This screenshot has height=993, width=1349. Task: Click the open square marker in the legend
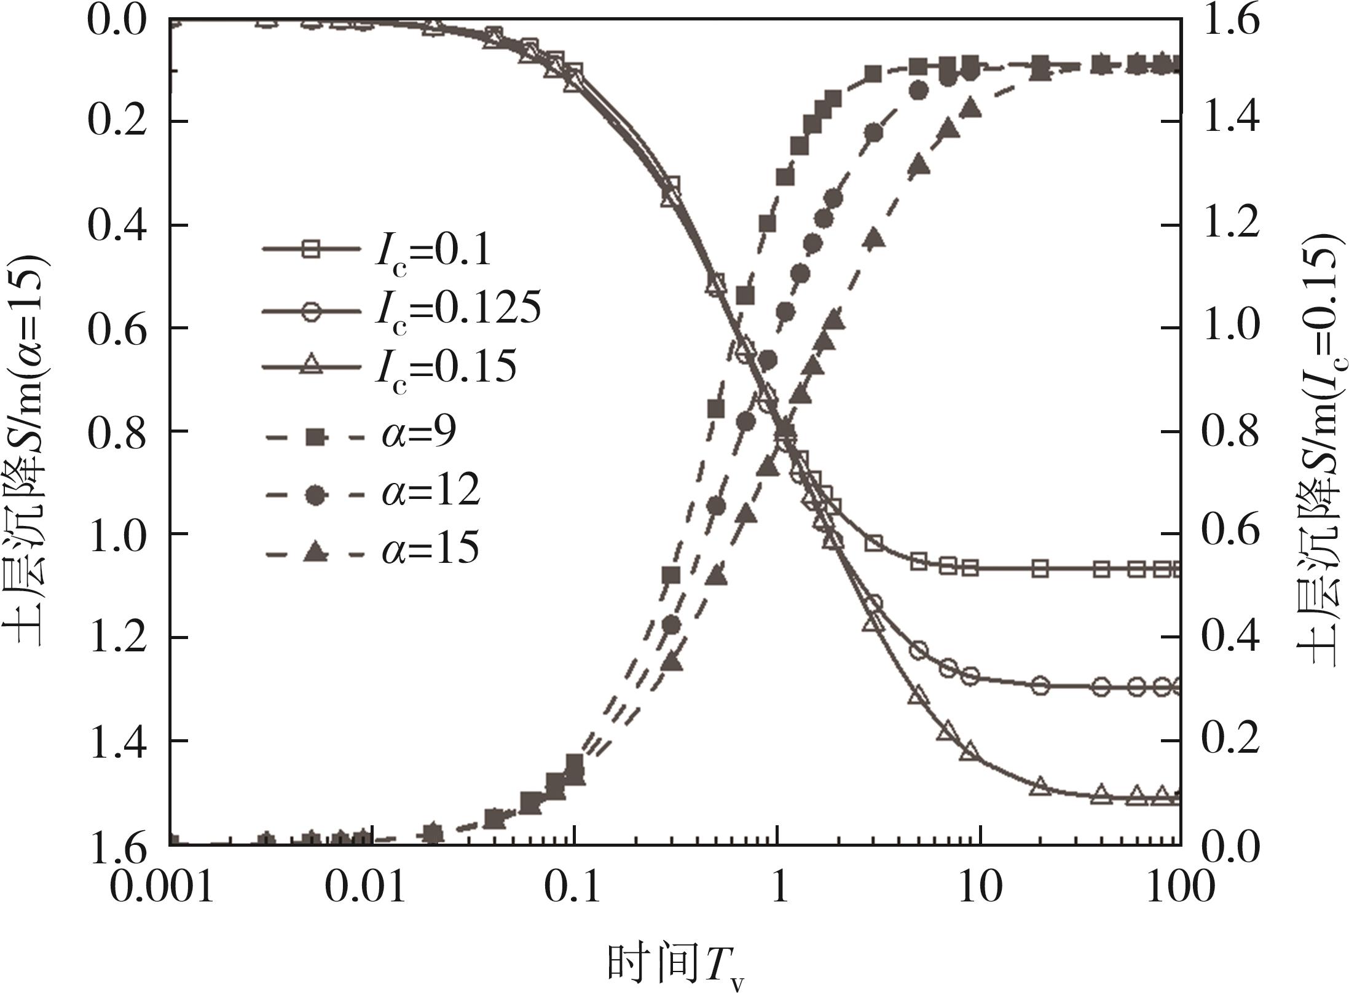(312, 249)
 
